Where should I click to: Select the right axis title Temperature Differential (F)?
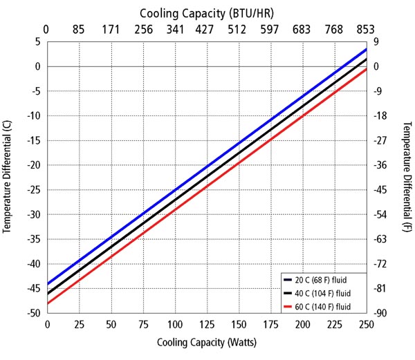pos(407,176)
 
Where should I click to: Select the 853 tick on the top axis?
pos(366,30)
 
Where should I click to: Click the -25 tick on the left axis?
pos(32,190)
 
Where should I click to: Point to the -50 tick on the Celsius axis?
pos(32,314)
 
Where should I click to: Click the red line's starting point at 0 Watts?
pos(47,303)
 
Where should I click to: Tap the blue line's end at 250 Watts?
pos(366,50)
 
